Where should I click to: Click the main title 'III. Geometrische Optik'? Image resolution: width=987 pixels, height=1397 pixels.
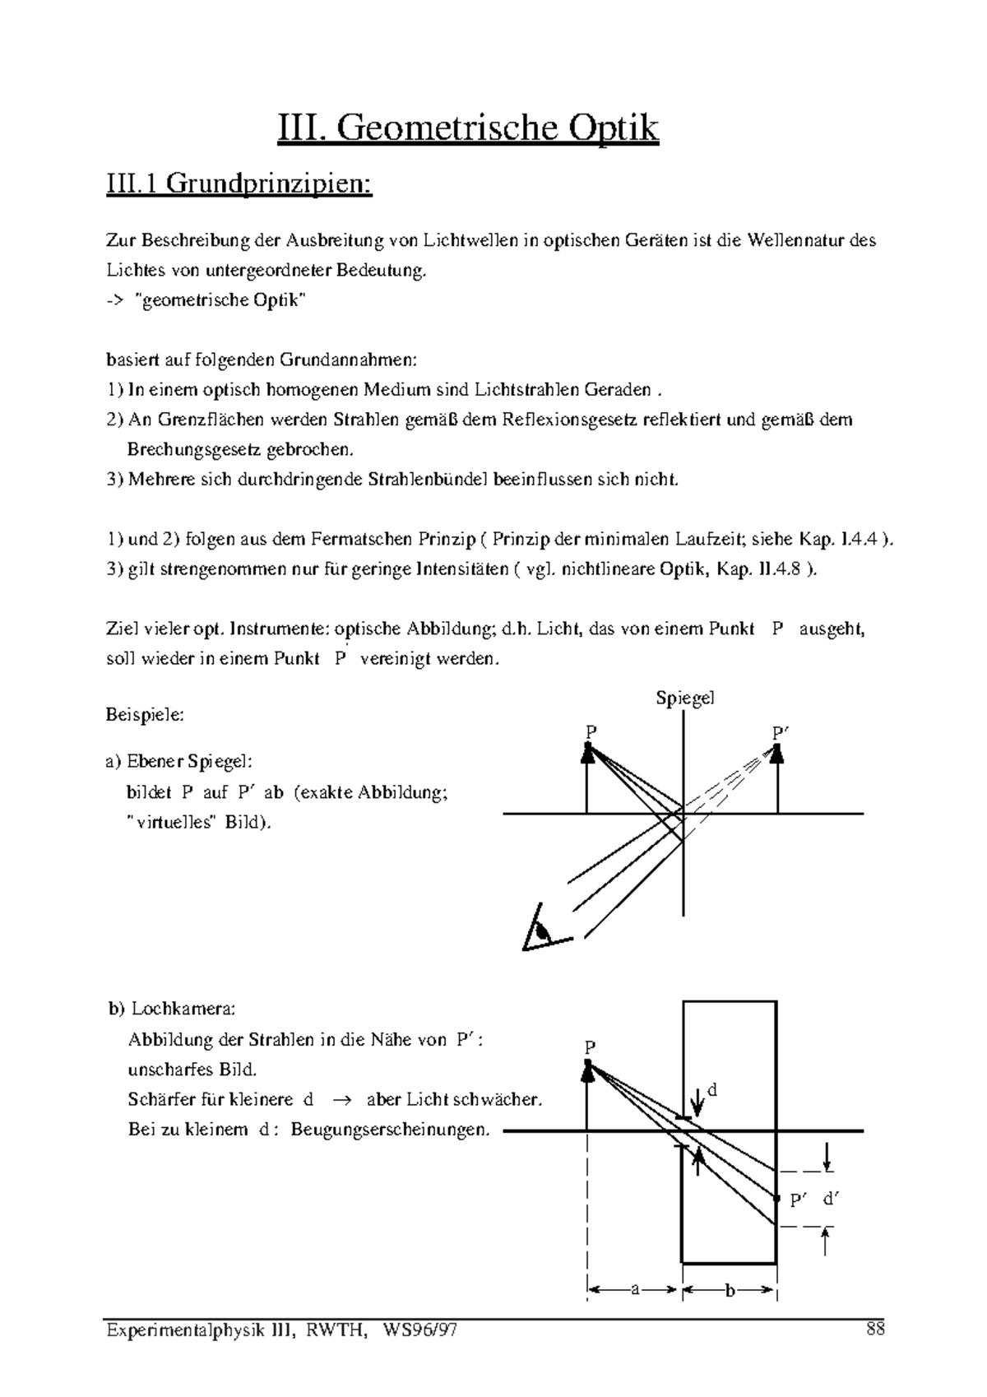[x=468, y=129]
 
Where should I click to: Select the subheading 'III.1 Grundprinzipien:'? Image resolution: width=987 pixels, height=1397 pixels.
[x=239, y=183]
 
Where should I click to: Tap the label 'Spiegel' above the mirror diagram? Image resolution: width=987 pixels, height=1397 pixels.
[x=684, y=698]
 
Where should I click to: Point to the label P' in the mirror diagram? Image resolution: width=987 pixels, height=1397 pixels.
[x=780, y=732]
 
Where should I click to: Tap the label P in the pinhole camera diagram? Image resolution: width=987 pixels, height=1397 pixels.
[x=590, y=1047]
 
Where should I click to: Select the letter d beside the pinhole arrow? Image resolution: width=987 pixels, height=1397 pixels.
[x=712, y=1090]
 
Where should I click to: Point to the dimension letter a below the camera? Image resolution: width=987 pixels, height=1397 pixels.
[x=634, y=1290]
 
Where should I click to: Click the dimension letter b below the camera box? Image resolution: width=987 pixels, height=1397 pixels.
[x=729, y=1290]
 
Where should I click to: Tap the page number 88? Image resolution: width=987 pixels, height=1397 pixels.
[x=874, y=1329]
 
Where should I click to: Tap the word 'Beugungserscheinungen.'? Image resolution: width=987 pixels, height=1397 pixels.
[x=390, y=1130]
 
